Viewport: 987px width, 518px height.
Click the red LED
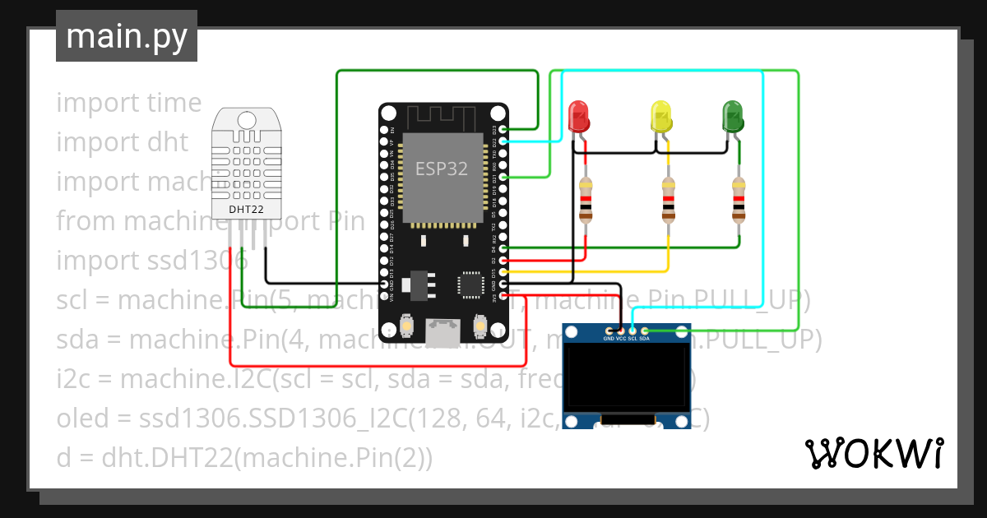[579, 116]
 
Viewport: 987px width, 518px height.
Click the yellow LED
[660, 116]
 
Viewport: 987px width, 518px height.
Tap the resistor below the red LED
[585, 200]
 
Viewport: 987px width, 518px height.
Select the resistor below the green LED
[739, 200]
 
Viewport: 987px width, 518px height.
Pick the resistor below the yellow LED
[668, 200]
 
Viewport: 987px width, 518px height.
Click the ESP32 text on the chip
[442, 169]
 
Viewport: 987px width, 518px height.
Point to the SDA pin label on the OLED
[645, 338]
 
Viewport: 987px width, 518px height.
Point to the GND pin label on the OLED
[609, 338]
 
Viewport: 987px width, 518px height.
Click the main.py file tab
[127, 37]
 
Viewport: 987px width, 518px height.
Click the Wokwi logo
[873, 453]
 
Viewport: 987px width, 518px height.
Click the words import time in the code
[129, 103]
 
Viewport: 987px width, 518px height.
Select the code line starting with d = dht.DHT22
[243, 458]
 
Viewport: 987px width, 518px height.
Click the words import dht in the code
[123, 142]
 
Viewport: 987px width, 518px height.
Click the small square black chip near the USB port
[470, 284]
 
